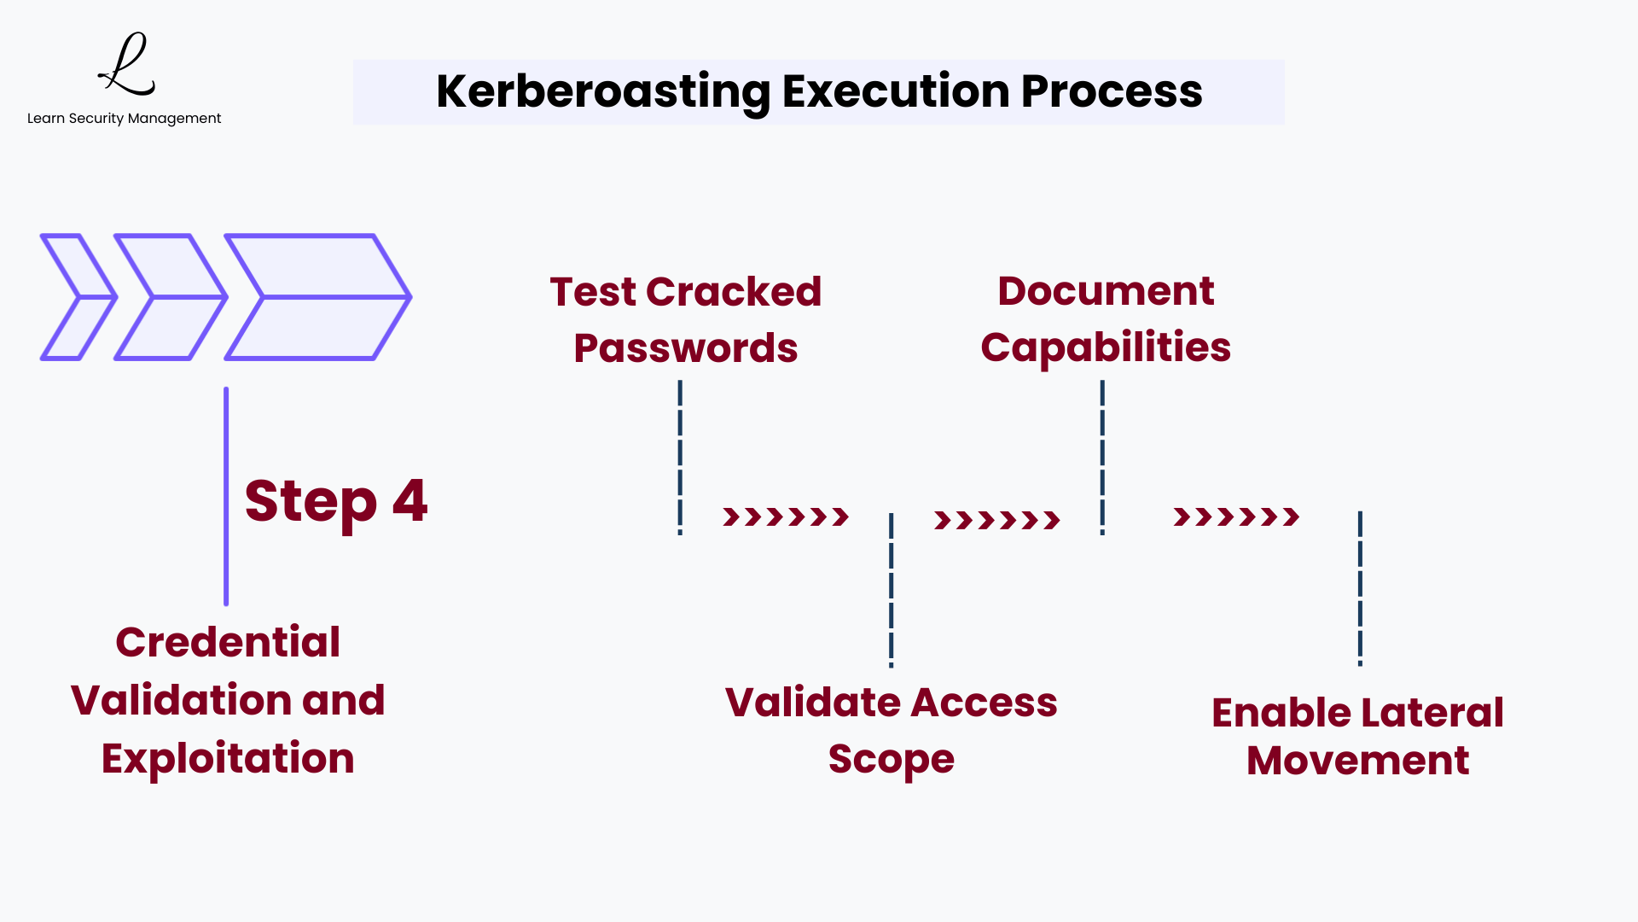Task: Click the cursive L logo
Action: (x=127, y=65)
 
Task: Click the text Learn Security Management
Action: (x=124, y=119)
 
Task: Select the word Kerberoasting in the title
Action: (x=603, y=91)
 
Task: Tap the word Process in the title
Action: (x=1111, y=91)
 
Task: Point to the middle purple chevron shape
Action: (x=171, y=297)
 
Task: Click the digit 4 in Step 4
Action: (x=409, y=500)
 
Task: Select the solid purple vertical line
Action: (x=226, y=496)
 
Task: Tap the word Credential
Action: (x=228, y=642)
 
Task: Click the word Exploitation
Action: (x=228, y=758)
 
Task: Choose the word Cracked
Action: (x=734, y=292)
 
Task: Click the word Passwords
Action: (x=686, y=348)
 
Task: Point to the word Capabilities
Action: (x=1106, y=347)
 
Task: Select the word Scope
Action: (x=891, y=759)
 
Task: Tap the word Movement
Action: (x=1357, y=761)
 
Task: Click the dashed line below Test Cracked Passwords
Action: (x=680, y=458)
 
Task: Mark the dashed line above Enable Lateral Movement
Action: (x=1360, y=588)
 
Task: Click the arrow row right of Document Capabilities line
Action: (x=1236, y=516)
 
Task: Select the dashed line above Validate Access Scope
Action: (x=892, y=590)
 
